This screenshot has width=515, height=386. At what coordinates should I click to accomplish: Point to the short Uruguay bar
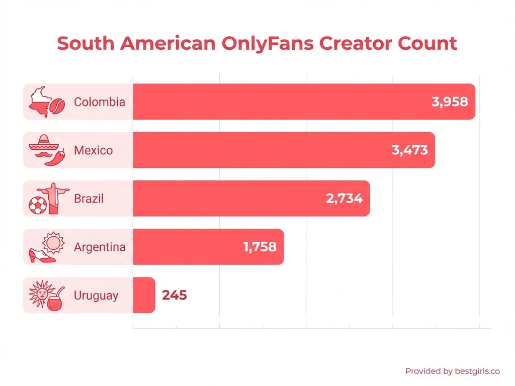144,295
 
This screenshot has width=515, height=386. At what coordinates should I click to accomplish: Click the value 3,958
450,102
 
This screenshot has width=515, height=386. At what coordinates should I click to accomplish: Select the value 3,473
409,150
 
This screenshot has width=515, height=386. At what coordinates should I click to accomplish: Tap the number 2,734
344,199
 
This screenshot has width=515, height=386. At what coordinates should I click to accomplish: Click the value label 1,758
260,247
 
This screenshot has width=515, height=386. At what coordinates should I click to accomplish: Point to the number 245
175,295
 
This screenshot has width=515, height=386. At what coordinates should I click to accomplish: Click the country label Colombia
100,102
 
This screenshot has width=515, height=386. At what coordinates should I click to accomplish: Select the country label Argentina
100,247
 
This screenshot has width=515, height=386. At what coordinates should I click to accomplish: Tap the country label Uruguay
96,296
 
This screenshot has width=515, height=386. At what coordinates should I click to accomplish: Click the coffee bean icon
56,107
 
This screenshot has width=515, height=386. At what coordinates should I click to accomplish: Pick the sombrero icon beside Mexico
40,142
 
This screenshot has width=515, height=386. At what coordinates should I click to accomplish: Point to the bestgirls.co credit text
452,371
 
